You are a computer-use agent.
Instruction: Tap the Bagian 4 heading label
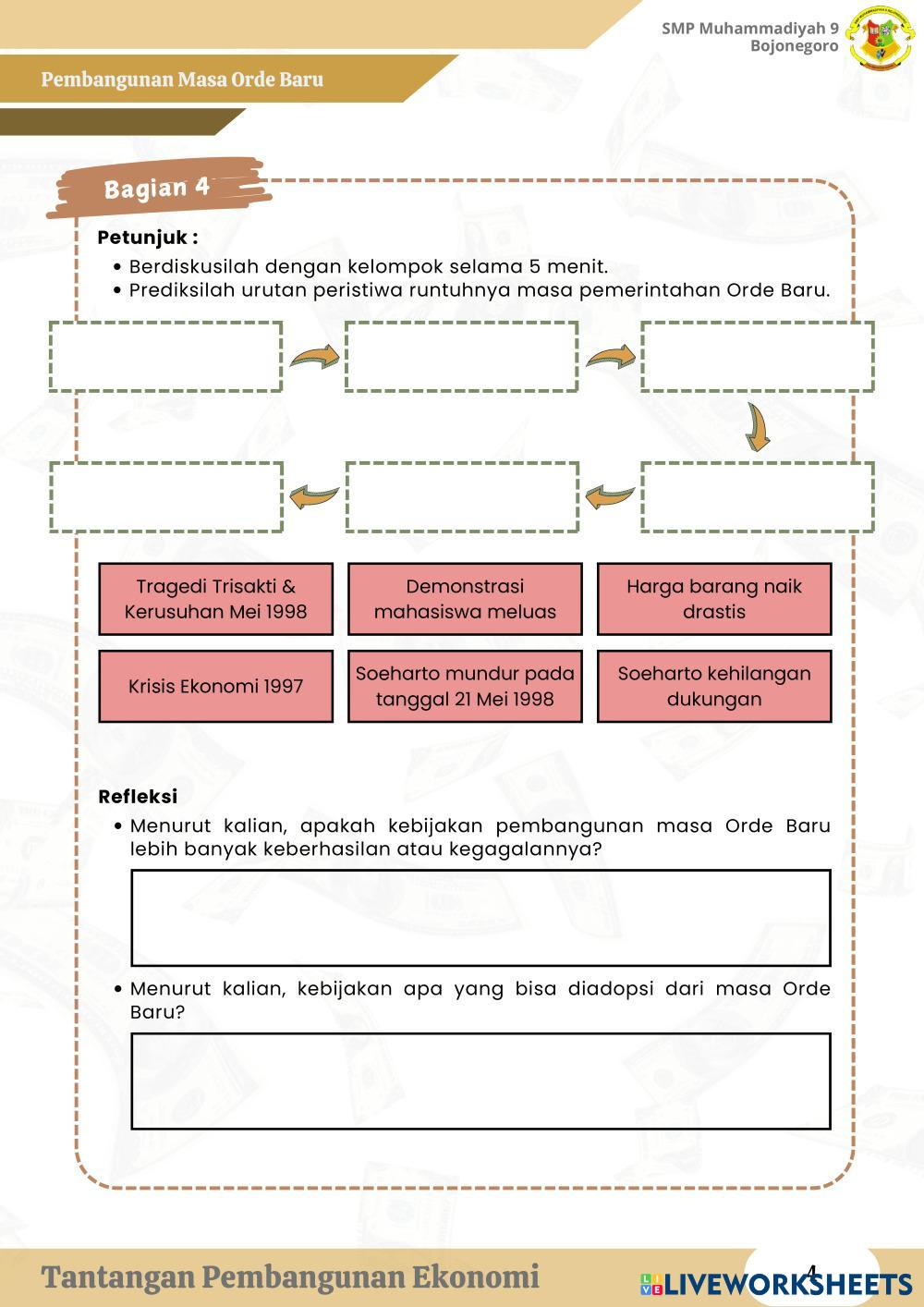(x=157, y=188)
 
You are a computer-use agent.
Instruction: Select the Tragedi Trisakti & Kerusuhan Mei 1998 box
(x=215, y=599)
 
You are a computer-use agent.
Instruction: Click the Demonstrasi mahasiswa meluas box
(x=465, y=599)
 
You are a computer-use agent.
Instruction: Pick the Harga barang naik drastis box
(x=713, y=599)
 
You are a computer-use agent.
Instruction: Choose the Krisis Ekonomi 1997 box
(x=215, y=686)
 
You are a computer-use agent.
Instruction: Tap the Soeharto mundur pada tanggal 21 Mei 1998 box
(x=465, y=686)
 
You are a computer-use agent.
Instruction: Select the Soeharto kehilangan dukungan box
(x=713, y=686)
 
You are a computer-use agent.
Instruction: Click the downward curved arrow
(x=759, y=426)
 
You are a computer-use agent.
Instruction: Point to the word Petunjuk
(x=143, y=238)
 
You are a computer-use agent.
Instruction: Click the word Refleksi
(x=138, y=797)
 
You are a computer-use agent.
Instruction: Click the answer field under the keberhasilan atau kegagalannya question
(x=480, y=918)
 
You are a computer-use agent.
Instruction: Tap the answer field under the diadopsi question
(x=480, y=1081)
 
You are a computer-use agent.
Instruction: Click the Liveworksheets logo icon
(x=650, y=1284)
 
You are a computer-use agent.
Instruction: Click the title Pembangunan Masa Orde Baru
(x=182, y=79)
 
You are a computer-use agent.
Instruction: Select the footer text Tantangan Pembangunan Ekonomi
(x=290, y=1277)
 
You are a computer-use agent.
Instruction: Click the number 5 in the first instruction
(x=535, y=267)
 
